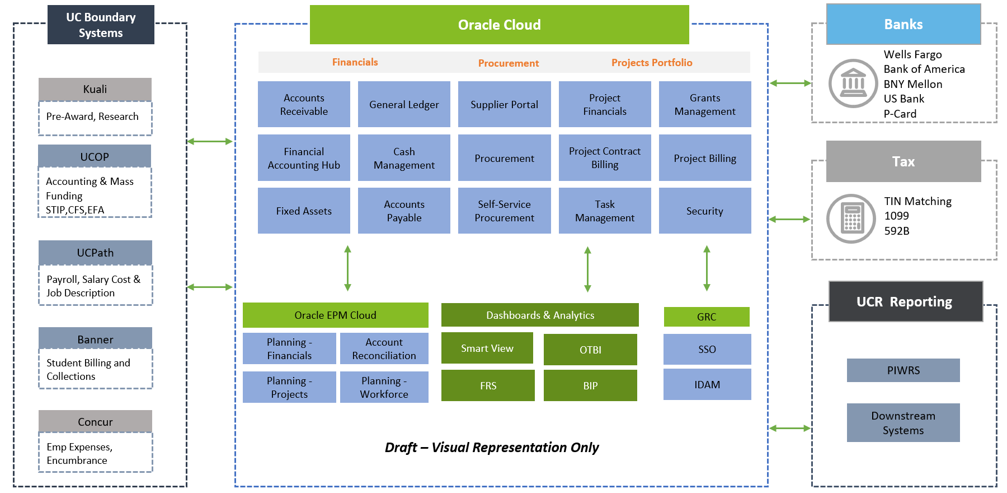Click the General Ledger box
point(404,104)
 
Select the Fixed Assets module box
point(304,211)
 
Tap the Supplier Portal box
point(504,104)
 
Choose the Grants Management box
point(705,104)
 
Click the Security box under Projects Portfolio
point(705,211)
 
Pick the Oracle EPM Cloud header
point(335,315)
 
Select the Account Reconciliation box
point(384,348)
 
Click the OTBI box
point(590,350)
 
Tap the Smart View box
point(487,348)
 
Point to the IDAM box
point(707,384)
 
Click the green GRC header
point(707,317)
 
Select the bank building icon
point(853,83)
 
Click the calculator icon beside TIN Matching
point(851,218)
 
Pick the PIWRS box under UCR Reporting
point(903,370)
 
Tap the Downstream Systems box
point(903,423)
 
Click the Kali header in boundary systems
point(95,89)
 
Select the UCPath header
point(95,253)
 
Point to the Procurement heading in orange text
point(508,63)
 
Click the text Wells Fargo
point(912,54)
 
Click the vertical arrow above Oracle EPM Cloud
point(347,268)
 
